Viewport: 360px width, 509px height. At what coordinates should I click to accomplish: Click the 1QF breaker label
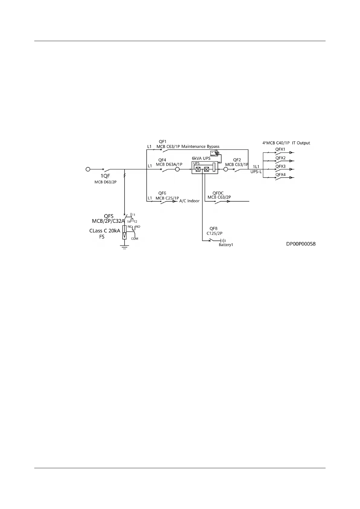click(105, 176)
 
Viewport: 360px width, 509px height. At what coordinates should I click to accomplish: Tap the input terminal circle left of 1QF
click(88, 170)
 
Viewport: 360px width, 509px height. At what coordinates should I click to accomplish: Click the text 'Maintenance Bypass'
click(200, 147)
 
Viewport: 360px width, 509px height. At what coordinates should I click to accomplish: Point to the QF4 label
click(162, 160)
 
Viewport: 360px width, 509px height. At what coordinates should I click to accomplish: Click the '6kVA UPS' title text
click(201, 158)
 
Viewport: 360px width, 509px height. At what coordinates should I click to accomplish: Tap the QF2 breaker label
click(237, 160)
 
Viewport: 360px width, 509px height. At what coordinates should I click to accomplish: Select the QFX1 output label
click(280, 149)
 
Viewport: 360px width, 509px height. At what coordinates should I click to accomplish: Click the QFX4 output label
click(280, 175)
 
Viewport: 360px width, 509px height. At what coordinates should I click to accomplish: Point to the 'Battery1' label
click(226, 245)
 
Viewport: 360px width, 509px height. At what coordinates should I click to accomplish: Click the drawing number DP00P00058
click(301, 244)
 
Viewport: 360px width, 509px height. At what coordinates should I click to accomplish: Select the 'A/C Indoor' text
click(190, 201)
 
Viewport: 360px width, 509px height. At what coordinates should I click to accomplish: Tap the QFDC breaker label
click(218, 193)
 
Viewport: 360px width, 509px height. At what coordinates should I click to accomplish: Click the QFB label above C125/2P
click(213, 229)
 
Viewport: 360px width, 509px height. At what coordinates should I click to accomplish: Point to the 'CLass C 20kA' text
click(105, 231)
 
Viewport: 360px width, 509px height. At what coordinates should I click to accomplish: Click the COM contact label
click(135, 238)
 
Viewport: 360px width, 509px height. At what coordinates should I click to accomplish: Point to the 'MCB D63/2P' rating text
click(105, 182)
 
